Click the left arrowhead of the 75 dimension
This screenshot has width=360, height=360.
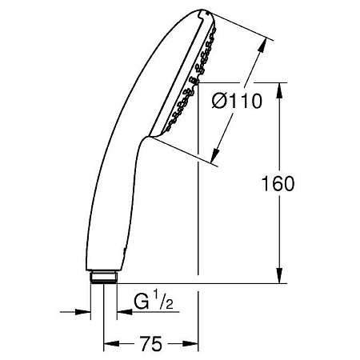110,345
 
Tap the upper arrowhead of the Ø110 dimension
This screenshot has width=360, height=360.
260,47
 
